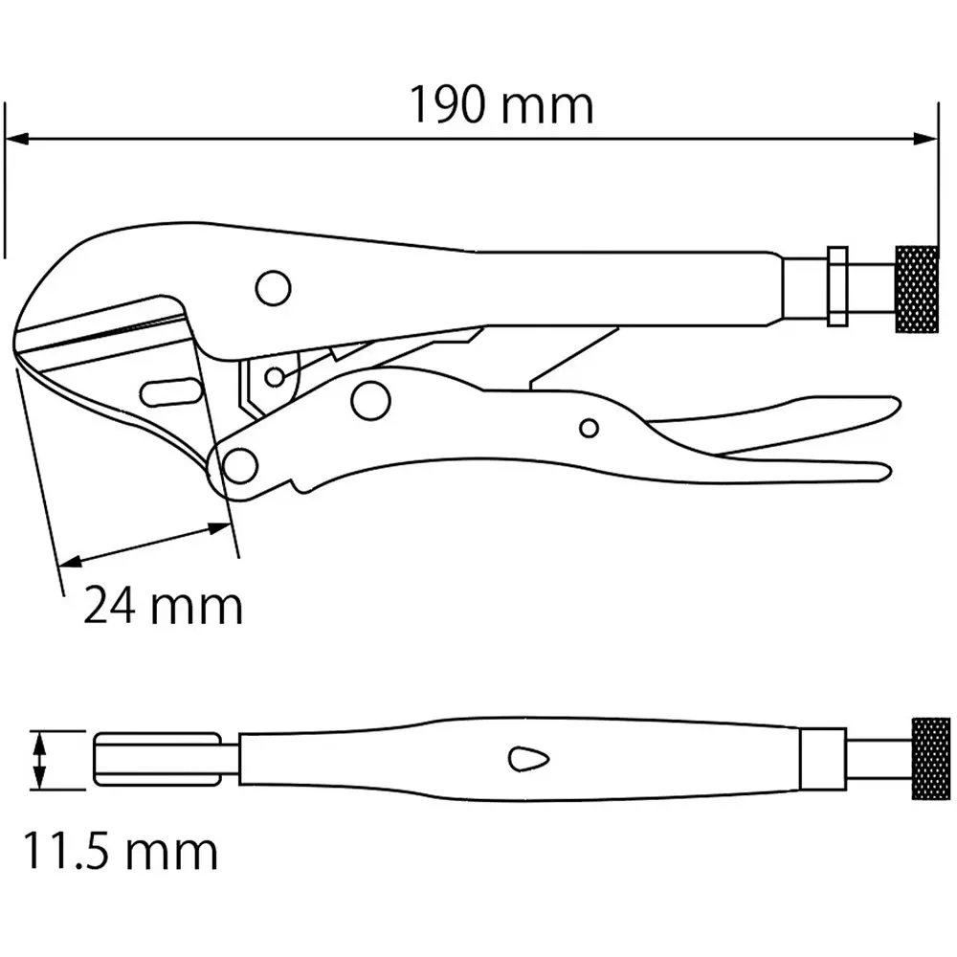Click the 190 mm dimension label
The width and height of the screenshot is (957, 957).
502,106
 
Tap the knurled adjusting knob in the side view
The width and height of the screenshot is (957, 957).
916,289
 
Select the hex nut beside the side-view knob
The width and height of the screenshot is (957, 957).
835,285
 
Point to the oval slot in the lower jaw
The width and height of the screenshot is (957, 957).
169,392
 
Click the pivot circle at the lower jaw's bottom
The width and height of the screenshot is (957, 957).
240,466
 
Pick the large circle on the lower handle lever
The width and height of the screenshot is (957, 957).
369,400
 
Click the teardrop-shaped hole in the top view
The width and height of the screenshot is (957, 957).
528,759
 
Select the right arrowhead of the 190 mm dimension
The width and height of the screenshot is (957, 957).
926,140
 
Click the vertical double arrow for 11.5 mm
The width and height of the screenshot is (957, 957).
38,761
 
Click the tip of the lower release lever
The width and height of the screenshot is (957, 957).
885,471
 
